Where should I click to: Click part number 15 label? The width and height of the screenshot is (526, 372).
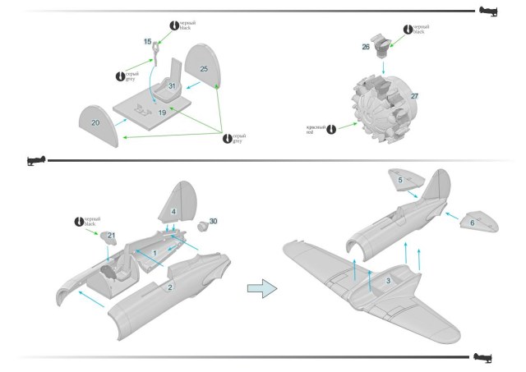click(148, 40)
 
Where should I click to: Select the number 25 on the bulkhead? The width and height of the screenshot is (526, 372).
click(203, 68)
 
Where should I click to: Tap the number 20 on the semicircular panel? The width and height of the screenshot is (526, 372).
click(95, 122)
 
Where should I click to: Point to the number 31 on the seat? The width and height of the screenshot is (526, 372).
click(173, 85)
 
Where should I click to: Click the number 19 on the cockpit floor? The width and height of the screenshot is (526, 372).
click(162, 112)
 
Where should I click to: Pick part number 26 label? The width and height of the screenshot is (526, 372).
click(366, 47)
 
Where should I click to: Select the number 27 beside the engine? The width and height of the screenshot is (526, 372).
click(415, 96)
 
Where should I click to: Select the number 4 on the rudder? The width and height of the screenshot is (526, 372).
click(173, 211)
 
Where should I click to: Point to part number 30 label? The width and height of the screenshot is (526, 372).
click(213, 222)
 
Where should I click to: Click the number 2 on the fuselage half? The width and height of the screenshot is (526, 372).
click(170, 287)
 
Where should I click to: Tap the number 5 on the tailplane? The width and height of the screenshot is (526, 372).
click(400, 179)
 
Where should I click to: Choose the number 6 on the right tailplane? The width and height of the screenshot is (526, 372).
click(472, 222)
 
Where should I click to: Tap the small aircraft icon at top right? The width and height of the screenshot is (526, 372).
click(486, 11)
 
